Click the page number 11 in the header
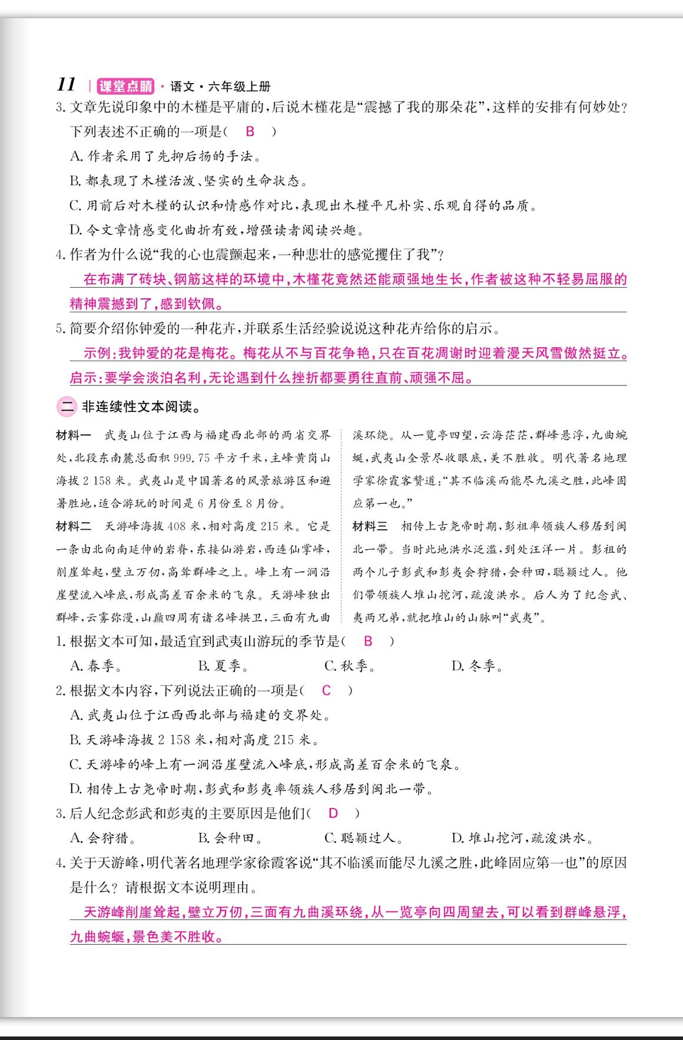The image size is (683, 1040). [x=66, y=85]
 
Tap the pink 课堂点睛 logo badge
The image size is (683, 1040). [x=125, y=87]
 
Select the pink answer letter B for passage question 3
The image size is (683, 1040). [x=250, y=131]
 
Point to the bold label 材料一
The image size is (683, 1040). [x=74, y=436]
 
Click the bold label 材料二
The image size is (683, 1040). [x=74, y=527]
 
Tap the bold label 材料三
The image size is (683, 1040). [x=370, y=527]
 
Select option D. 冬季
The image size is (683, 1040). [x=477, y=666]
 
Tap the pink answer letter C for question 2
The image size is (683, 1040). [x=326, y=690]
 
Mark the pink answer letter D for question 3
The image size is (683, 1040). [x=333, y=813]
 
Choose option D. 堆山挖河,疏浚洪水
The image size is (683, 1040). [x=523, y=838]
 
